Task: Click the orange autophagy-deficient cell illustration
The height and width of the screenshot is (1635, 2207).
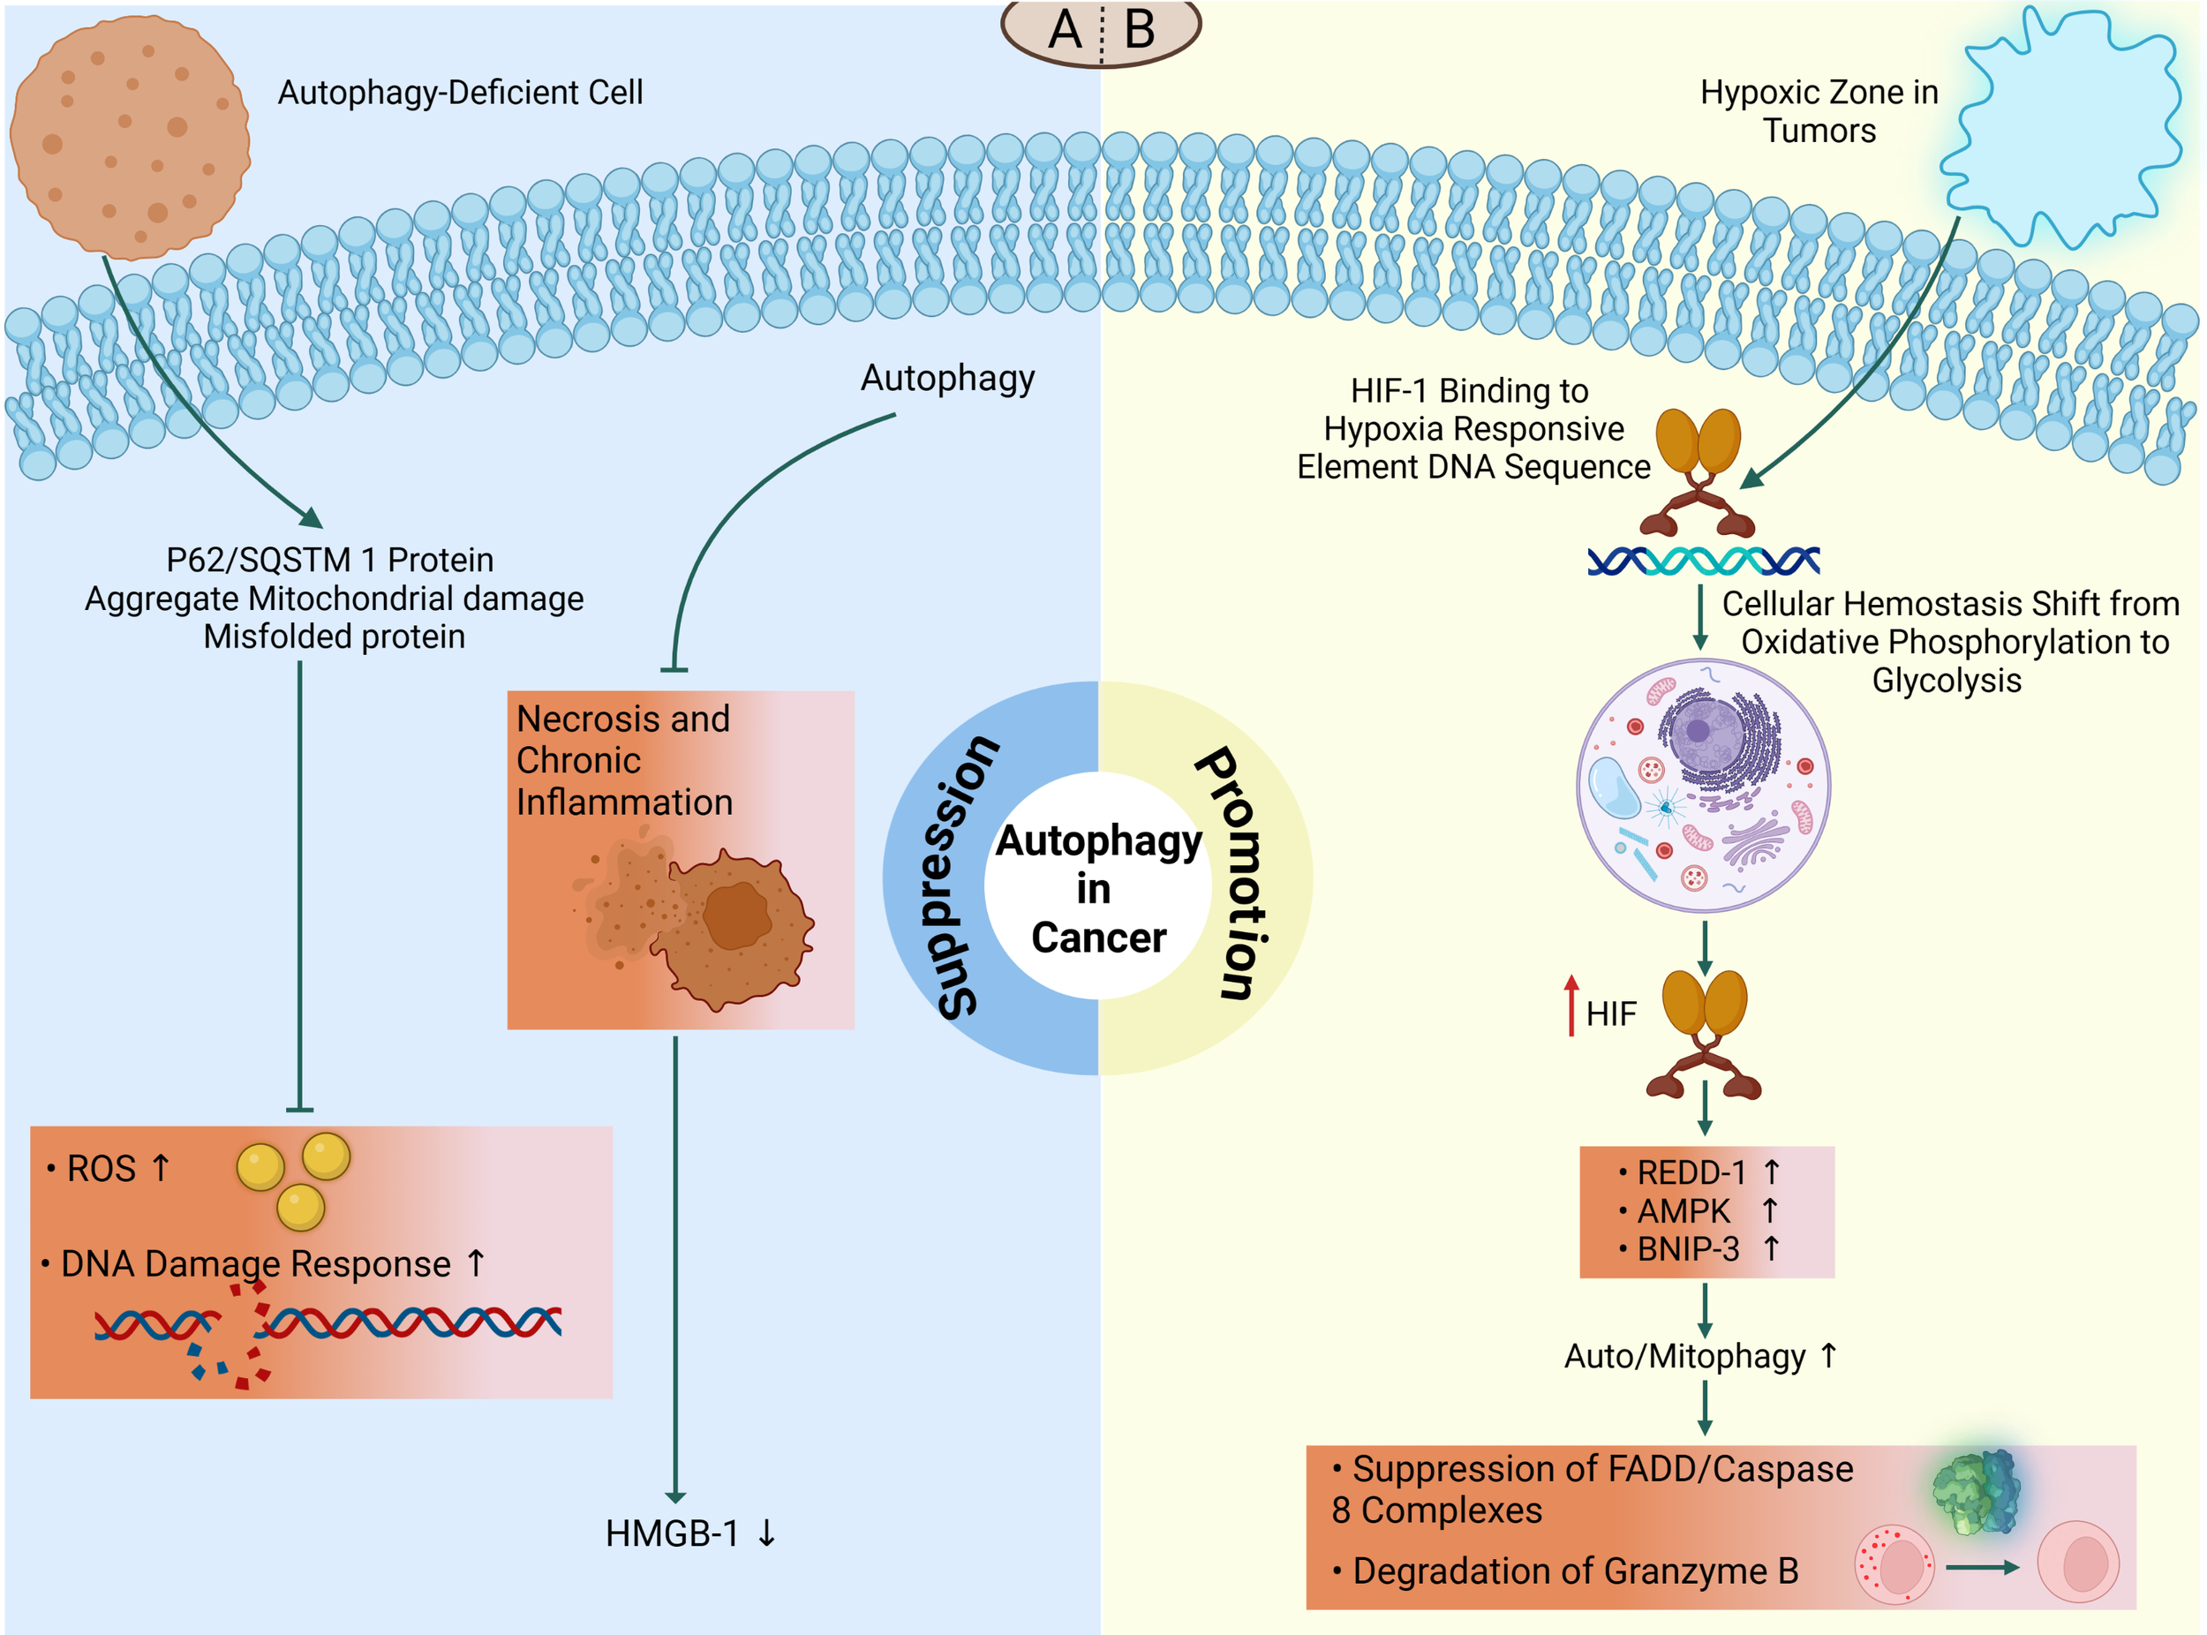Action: pos(130,138)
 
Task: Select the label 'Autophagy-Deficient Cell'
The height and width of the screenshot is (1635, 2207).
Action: pos(460,92)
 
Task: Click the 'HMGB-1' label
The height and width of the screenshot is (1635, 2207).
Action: pos(673,1534)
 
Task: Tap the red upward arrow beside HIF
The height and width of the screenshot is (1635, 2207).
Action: pos(1571,1006)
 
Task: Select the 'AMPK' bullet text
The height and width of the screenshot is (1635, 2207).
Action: pos(1683,1211)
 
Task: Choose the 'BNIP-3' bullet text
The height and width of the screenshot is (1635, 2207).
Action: pos(1689,1249)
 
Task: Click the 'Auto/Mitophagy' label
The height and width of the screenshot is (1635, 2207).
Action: pos(1685,1356)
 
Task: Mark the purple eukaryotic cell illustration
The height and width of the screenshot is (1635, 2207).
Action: pos(1703,786)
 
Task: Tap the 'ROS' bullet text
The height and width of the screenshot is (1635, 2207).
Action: pos(101,1169)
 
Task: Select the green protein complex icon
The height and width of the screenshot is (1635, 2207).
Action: pos(1976,1491)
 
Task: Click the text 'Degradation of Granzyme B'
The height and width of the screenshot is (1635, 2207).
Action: pos(1576,1571)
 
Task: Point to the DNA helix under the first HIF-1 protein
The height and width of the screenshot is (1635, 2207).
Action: pos(1703,561)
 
